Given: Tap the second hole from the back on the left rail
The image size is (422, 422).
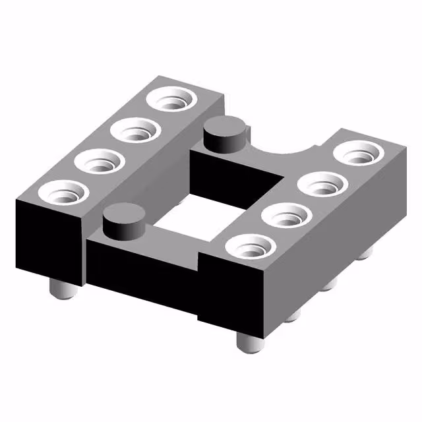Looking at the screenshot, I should coord(138,131).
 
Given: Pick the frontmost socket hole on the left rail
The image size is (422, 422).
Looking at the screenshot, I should coord(63,193).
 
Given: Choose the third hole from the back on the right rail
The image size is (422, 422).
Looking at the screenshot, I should coord(287,216).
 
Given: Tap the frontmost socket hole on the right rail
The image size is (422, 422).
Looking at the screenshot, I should coord(250,247).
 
